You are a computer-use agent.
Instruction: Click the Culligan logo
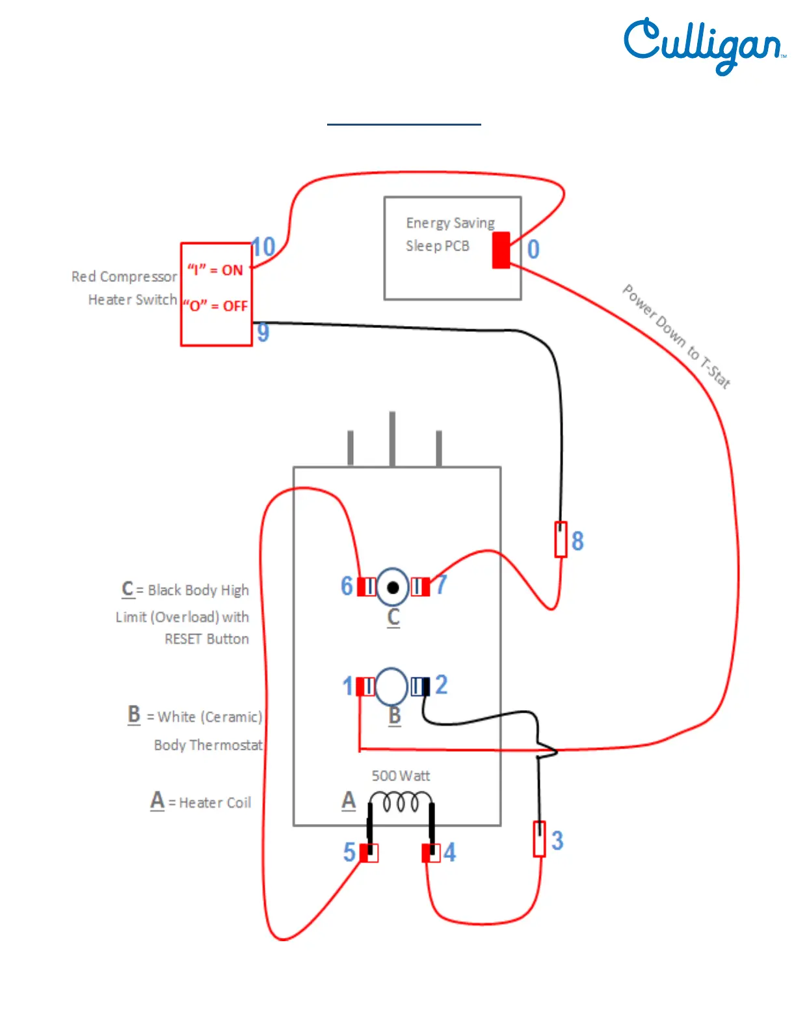(x=704, y=44)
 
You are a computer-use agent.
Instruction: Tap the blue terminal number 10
(x=263, y=247)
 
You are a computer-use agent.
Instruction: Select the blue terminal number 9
(x=263, y=333)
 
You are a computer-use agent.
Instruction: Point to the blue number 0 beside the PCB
(x=533, y=249)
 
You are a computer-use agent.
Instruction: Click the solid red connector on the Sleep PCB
(x=501, y=250)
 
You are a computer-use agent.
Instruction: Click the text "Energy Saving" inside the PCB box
(x=450, y=223)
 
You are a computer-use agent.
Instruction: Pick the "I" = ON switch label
(x=215, y=270)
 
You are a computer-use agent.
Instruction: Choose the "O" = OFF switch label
(x=215, y=305)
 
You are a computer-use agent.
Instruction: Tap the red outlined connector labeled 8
(x=561, y=539)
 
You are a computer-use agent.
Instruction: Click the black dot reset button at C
(x=393, y=588)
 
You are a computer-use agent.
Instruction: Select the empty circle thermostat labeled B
(x=391, y=686)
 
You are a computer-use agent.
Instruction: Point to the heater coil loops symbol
(x=401, y=802)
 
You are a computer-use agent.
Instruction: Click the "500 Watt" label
(x=401, y=776)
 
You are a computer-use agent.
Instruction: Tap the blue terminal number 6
(x=347, y=586)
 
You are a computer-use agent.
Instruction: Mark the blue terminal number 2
(x=442, y=685)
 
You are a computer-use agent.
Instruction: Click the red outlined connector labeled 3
(x=539, y=839)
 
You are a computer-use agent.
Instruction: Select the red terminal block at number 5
(x=369, y=853)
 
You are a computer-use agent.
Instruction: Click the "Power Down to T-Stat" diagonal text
(x=676, y=337)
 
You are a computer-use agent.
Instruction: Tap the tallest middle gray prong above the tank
(x=392, y=439)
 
